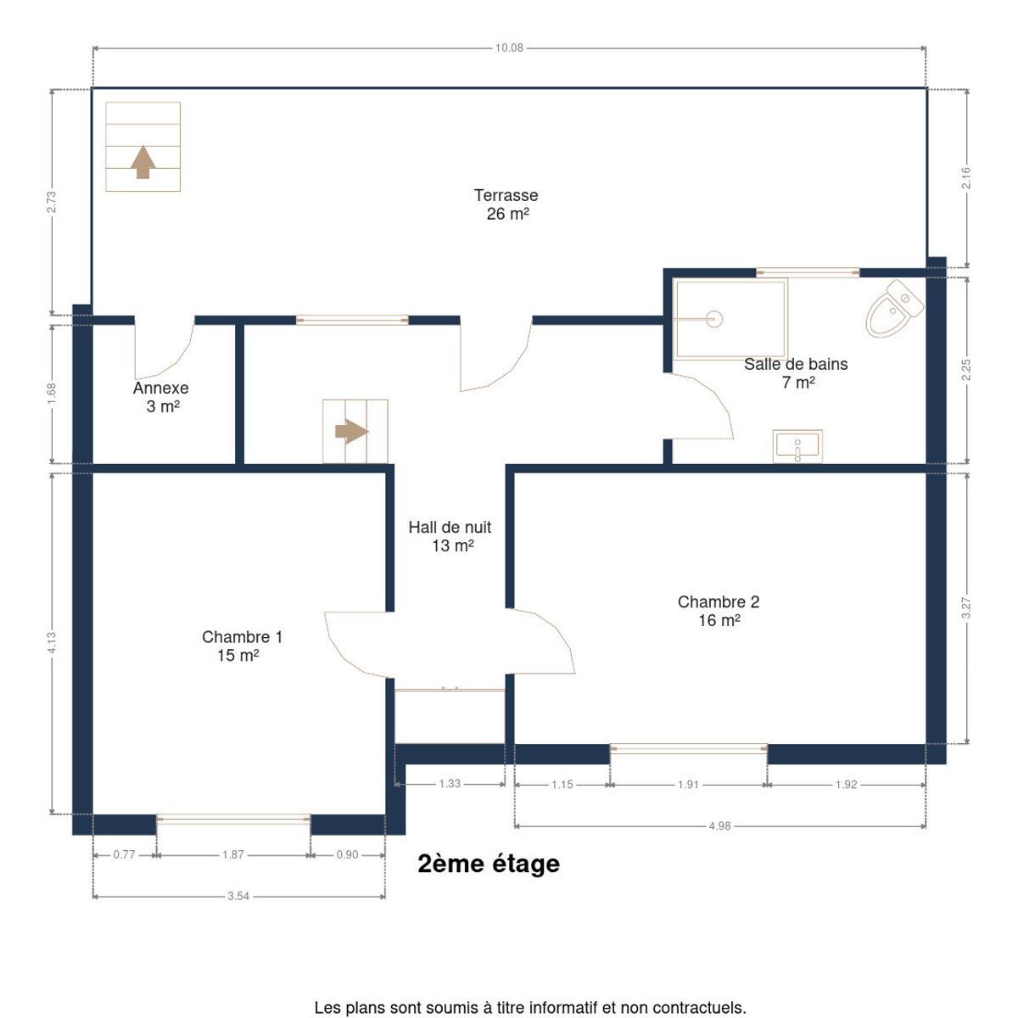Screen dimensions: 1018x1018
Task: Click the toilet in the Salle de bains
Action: click(894, 309)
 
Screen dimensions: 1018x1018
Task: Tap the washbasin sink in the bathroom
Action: click(797, 446)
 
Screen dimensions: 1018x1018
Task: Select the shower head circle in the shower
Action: click(714, 319)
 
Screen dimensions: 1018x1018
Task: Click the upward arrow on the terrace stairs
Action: click(143, 162)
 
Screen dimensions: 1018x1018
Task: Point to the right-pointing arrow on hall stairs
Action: click(352, 432)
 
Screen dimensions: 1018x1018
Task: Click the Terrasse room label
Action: click(506, 195)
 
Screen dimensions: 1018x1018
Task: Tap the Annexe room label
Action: click(160, 388)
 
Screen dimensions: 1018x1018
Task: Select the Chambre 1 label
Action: click(242, 636)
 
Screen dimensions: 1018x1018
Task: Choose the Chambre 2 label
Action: click(719, 601)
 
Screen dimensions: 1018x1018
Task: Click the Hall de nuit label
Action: click(450, 527)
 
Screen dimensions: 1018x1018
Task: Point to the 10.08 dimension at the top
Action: click(509, 48)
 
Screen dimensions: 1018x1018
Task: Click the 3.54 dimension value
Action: click(238, 897)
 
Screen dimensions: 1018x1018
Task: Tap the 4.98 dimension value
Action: click(719, 826)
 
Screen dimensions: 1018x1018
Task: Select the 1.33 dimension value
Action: click(450, 784)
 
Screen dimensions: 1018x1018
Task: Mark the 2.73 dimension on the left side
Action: click(51, 202)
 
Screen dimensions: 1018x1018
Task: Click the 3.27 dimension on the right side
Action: click(966, 608)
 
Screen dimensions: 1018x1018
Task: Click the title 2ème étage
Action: click(489, 864)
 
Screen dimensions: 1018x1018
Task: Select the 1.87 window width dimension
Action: click(233, 855)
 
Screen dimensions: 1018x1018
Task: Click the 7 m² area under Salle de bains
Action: click(798, 383)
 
